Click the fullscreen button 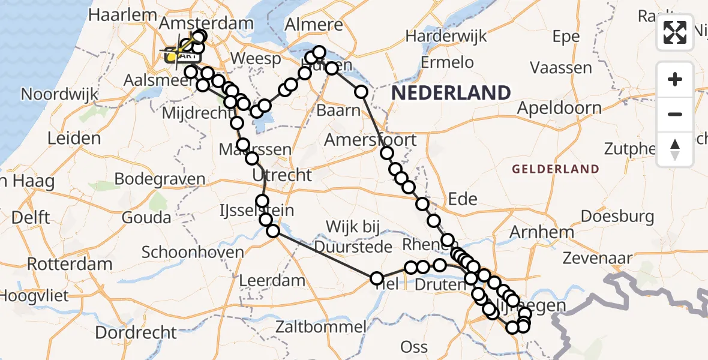pyautogui.click(x=675, y=32)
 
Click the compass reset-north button pyautogui.click(x=675, y=148)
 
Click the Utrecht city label pyautogui.click(x=282, y=175)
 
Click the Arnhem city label pyautogui.click(x=541, y=232)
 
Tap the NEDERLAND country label pyautogui.click(x=451, y=92)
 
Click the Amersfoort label pyautogui.click(x=370, y=140)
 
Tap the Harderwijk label pyautogui.click(x=444, y=36)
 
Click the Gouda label pyautogui.click(x=146, y=217)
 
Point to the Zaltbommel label pyautogui.click(x=321, y=327)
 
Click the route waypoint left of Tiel pyautogui.click(x=376, y=278)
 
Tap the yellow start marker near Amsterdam pyautogui.click(x=172, y=56)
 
